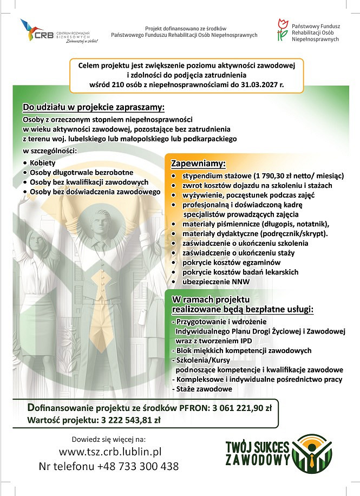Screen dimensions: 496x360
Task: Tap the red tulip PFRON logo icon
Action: [282, 30]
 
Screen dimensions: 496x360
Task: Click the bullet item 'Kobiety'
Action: [43, 162]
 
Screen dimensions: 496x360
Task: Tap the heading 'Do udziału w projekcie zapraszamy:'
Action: [93, 107]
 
